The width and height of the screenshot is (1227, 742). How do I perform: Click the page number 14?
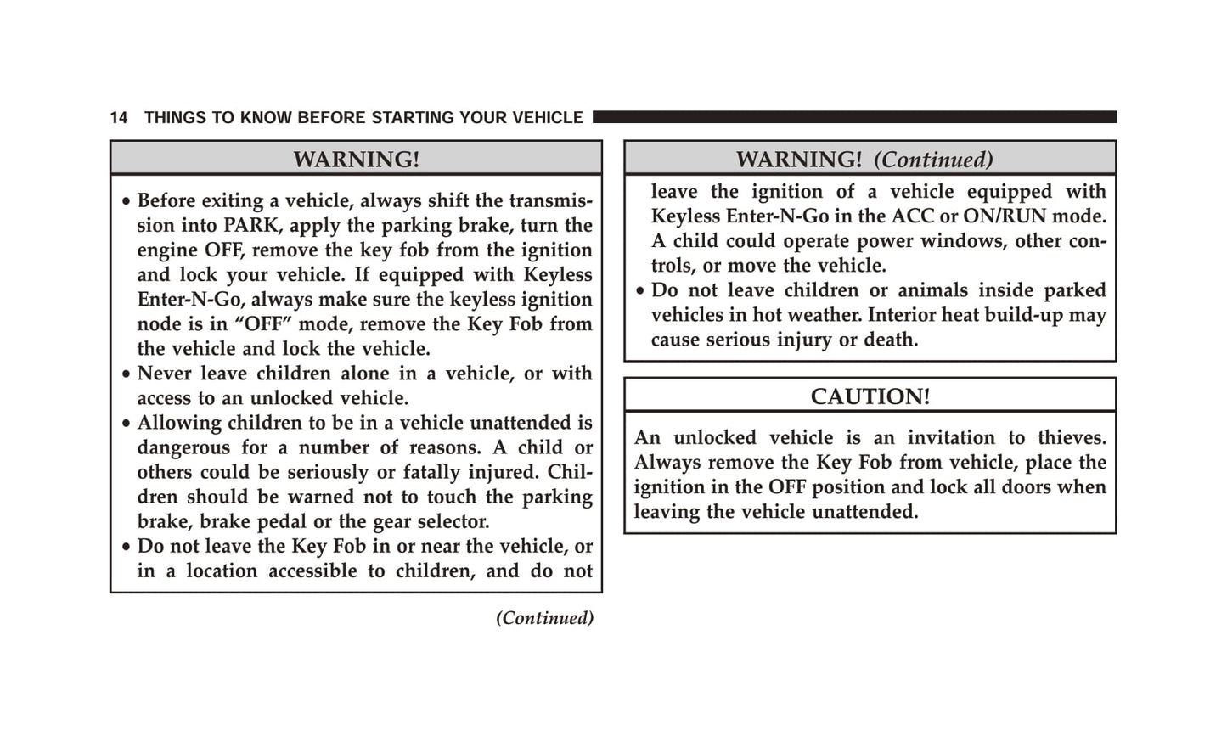click(x=119, y=118)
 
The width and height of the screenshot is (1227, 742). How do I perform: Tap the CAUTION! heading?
click(x=870, y=396)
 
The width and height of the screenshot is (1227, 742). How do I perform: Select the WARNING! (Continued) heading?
click(x=864, y=160)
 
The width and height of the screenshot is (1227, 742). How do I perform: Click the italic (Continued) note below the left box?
click(x=544, y=618)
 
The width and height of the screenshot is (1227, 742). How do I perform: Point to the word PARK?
click(x=249, y=226)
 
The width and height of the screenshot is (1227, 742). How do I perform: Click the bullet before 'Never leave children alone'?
click(x=126, y=375)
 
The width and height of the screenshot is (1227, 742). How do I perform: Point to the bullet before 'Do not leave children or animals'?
click(x=640, y=292)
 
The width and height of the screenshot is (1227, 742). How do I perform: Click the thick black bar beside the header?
click(x=854, y=117)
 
